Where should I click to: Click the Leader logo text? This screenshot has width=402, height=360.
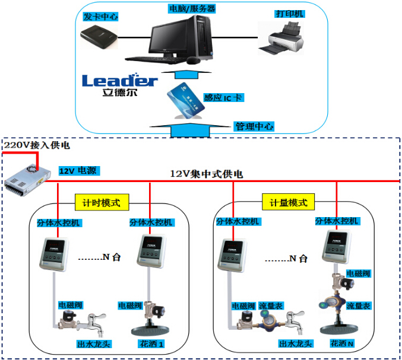coord(119,81)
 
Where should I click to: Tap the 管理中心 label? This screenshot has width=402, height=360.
coord(254,126)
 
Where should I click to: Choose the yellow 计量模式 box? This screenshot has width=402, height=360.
coord(289,202)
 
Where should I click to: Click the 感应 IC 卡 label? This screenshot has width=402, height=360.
coord(223,97)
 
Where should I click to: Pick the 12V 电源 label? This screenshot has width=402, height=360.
coord(78,171)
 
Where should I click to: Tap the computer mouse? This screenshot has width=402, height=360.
coord(192,60)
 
